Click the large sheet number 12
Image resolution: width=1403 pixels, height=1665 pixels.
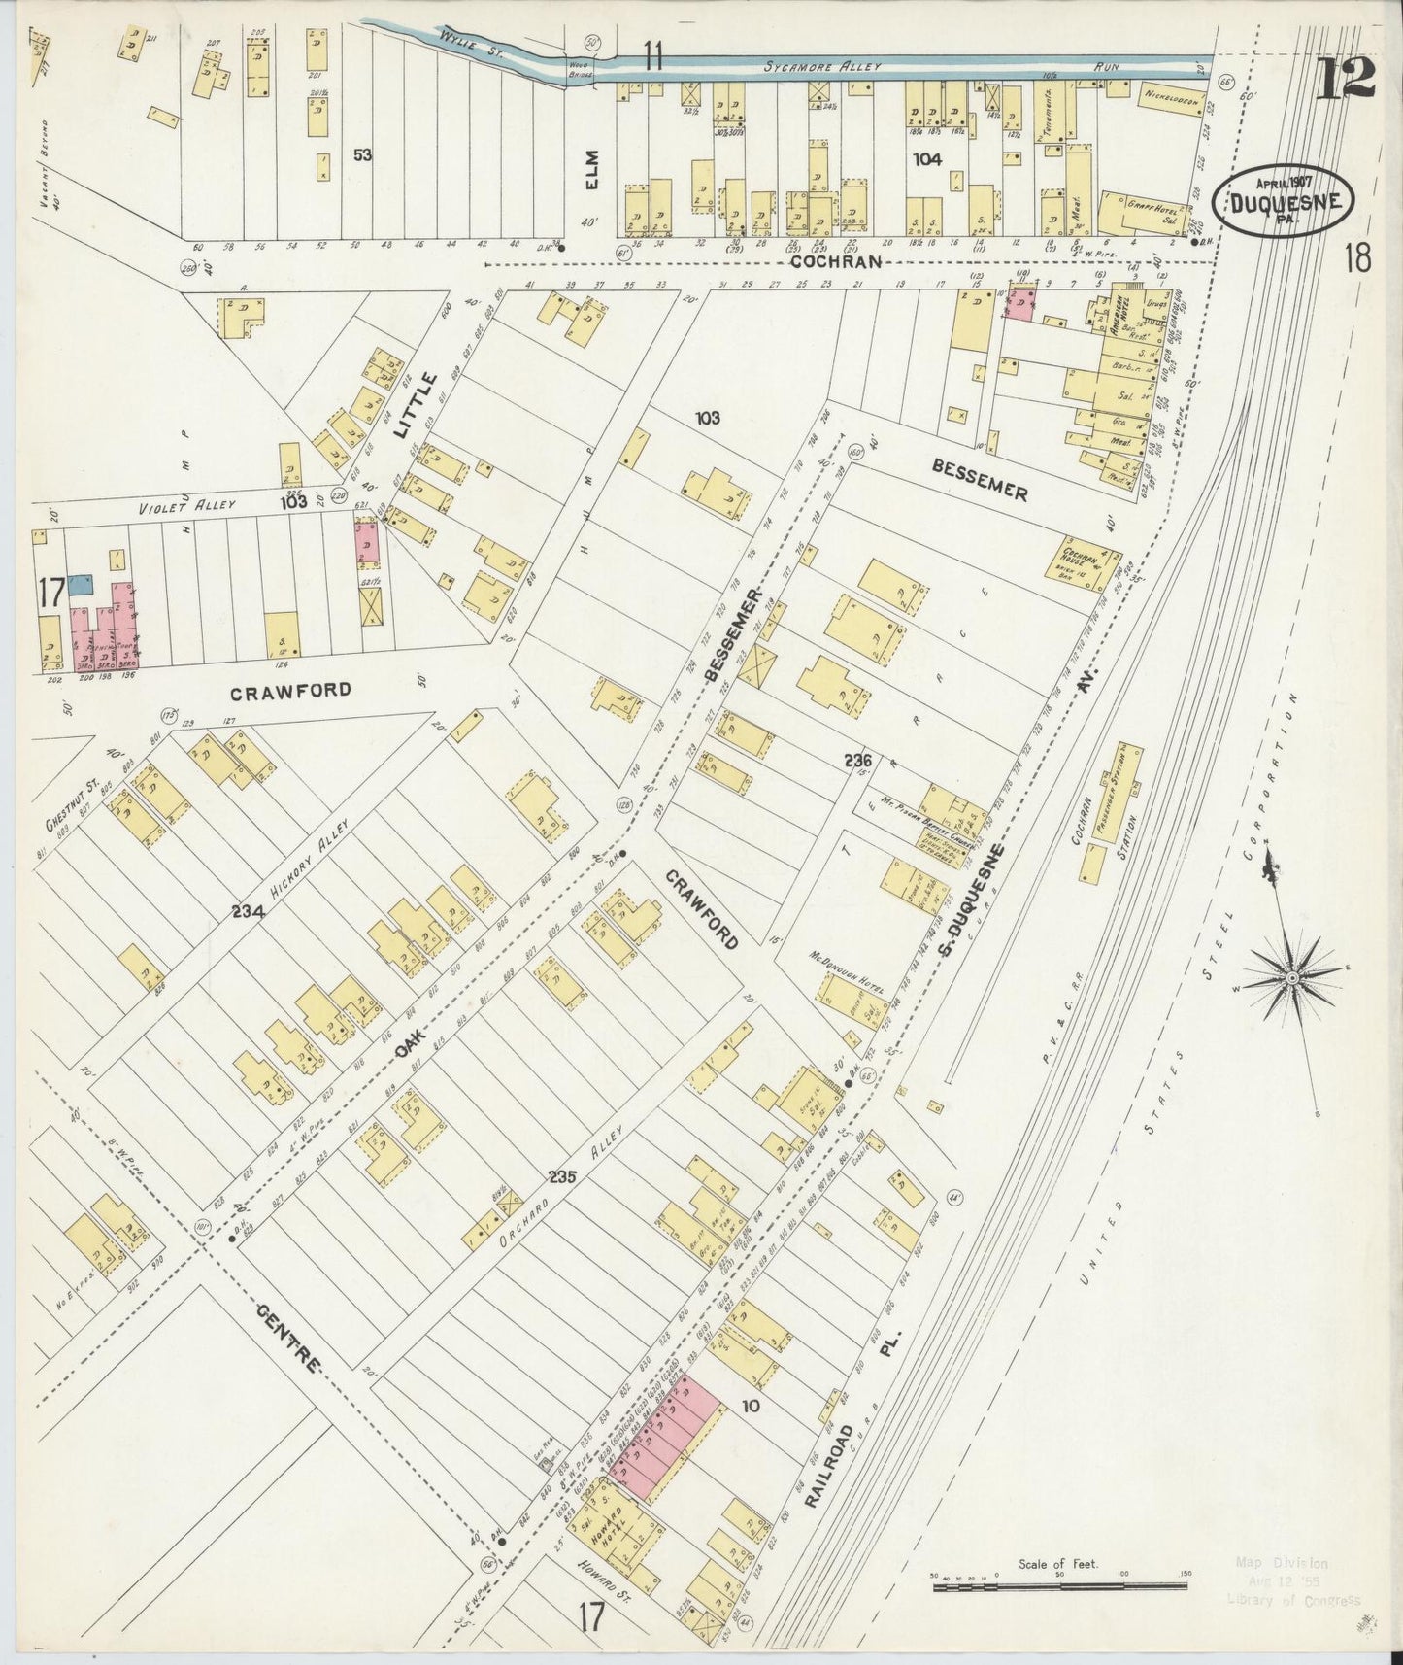click(x=1346, y=78)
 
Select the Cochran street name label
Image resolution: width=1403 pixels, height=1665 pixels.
click(x=835, y=261)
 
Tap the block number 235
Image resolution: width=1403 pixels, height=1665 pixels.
click(x=561, y=1176)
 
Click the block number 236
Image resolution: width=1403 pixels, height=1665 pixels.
click(x=856, y=761)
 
